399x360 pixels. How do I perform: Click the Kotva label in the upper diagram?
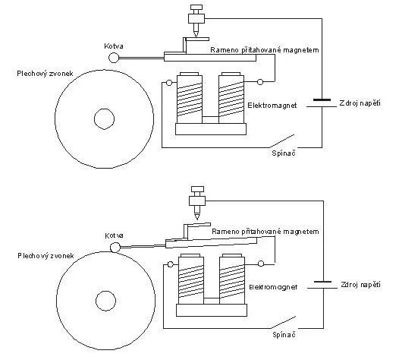114,46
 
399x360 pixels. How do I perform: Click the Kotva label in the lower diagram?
115,235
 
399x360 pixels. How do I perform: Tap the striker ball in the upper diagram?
114,58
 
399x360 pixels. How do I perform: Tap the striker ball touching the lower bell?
115,247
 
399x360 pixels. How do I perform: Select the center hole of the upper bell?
105,119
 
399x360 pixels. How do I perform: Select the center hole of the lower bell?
106,301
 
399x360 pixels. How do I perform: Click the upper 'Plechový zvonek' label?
45,74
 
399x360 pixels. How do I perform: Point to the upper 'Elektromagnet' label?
272,106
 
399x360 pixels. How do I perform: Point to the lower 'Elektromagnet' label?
273,287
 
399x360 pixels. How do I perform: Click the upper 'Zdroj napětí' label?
360,103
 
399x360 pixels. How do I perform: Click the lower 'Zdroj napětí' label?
360,285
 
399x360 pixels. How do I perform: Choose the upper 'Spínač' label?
284,153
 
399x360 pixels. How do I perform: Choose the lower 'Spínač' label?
284,334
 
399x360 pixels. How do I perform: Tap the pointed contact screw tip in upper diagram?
196,37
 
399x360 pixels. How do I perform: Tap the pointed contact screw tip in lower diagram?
197,219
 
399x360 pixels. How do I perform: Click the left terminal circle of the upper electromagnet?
169,83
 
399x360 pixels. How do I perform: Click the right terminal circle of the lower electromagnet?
261,264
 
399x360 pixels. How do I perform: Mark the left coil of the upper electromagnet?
190,98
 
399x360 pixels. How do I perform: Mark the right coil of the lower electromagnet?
232,279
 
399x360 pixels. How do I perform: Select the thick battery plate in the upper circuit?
322,99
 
